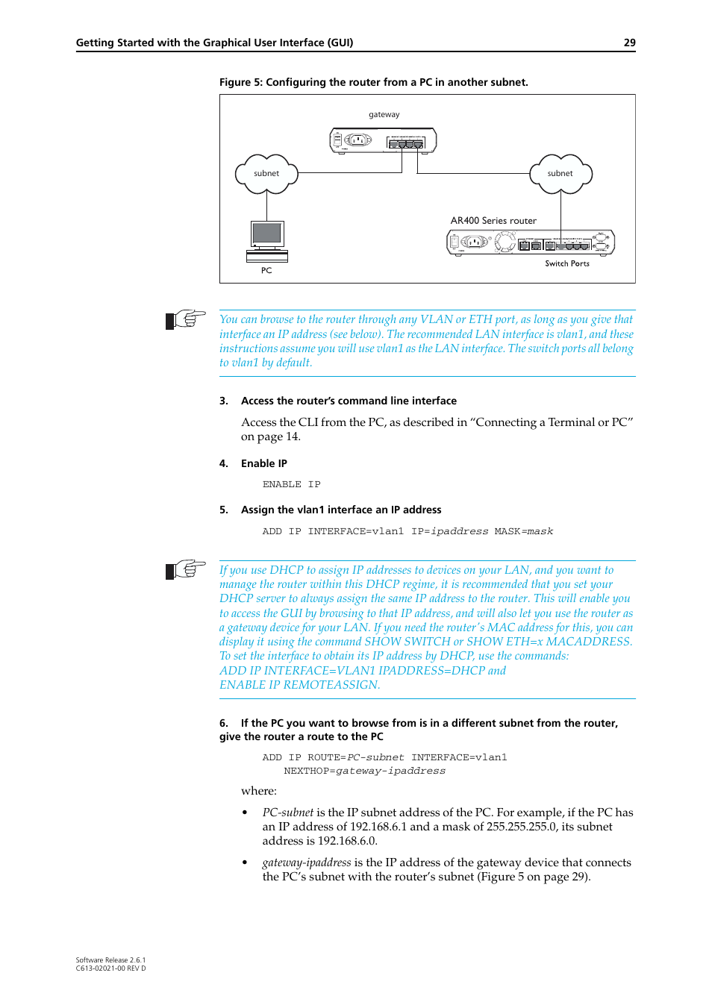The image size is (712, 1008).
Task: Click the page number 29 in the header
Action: pyautogui.click(x=629, y=43)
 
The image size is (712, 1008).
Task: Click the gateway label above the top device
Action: pyautogui.click(x=384, y=115)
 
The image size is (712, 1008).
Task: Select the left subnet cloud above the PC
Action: pyautogui.click(x=266, y=174)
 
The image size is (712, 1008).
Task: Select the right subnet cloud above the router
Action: pyautogui.click(x=560, y=174)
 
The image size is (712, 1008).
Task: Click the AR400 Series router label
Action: pyautogui.click(x=493, y=221)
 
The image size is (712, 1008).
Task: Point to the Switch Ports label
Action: pyautogui.click(x=566, y=263)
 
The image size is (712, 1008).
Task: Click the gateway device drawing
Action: pyautogui.click(x=383, y=140)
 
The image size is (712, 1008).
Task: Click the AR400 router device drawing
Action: pyautogui.click(x=530, y=242)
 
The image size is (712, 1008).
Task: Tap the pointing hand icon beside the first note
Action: pyautogui.click(x=186, y=319)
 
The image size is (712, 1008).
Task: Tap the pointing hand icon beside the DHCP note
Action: pyautogui.click(x=186, y=570)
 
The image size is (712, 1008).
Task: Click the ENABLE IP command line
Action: pyautogui.click(x=291, y=485)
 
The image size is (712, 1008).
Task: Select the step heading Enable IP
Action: pyautogui.click(x=263, y=463)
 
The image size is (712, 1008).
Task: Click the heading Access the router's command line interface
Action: pyautogui.click(x=349, y=401)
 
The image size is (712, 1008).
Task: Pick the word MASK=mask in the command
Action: pyautogui.click(x=523, y=531)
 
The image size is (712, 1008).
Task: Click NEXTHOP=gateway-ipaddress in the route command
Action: pyautogui.click(x=364, y=771)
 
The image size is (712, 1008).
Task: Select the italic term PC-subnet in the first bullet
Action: pyautogui.click(x=287, y=813)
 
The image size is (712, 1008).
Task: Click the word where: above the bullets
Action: pyautogui.click(x=258, y=791)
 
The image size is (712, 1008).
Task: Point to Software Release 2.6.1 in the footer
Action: pyautogui.click(x=110, y=960)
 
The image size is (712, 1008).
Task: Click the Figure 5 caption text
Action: pyautogui.click(x=373, y=82)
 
